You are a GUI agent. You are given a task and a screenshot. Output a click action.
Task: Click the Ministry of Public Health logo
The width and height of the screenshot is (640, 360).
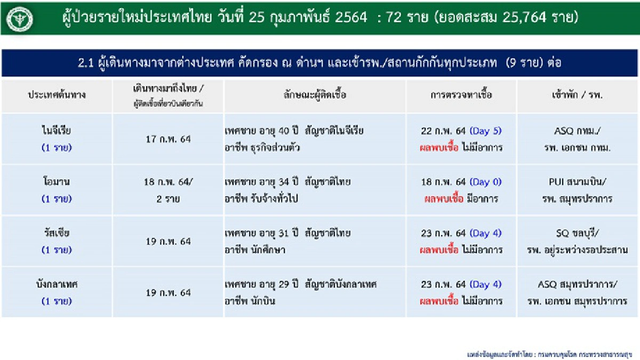(x=20, y=19)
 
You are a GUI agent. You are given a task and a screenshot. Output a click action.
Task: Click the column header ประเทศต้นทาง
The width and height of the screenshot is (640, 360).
(x=57, y=96)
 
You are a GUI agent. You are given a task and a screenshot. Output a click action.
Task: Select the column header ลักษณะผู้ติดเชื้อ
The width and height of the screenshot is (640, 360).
(x=315, y=96)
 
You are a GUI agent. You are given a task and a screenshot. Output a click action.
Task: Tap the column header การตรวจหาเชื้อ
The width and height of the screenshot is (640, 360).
(x=461, y=96)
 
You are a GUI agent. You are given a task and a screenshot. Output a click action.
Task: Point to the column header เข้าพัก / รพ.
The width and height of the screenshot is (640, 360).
(x=578, y=96)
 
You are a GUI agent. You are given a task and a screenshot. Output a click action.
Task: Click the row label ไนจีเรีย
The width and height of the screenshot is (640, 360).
(x=57, y=130)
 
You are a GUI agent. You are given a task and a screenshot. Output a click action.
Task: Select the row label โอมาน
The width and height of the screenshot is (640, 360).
(x=57, y=181)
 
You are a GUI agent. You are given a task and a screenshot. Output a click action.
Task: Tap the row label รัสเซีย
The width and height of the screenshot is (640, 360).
(x=57, y=233)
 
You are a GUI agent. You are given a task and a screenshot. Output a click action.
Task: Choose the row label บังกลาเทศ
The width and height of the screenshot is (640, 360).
(x=57, y=284)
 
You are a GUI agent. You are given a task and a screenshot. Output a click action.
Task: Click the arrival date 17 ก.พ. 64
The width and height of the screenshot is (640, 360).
(x=168, y=139)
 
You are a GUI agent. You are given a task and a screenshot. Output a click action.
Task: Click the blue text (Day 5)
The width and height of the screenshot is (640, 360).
(x=485, y=131)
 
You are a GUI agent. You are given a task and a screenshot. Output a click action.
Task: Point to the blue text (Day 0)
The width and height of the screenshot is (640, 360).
(x=485, y=182)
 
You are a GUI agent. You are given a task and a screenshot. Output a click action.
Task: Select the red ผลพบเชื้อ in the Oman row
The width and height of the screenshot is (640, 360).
(x=443, y=198)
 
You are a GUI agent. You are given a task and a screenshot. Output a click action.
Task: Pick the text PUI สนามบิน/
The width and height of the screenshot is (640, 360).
(x=578, y=182)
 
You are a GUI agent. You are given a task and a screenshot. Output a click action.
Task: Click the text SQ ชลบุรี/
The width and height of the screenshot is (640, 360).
(x=578, y=233)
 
